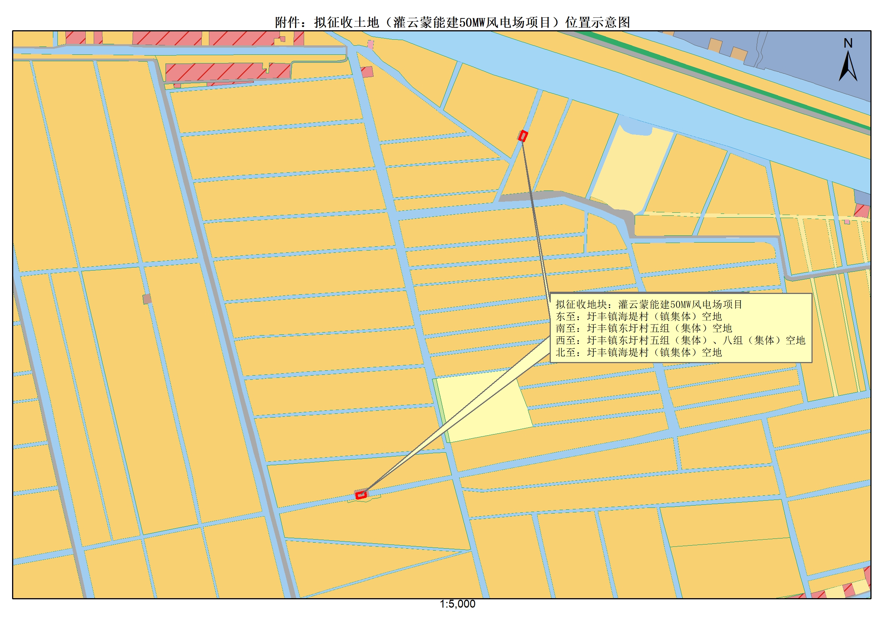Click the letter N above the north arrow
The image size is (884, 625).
pyautogui.click(x=848, y=43)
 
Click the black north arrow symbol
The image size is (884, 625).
pyautogui.click(x=848, y=67)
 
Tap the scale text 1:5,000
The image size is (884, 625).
pyautogui.click(x=457, y=604)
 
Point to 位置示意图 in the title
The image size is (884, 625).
pyautogui.click(x=597, y=23)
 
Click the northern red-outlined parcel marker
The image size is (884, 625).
pyautogui.click(x=522, y=136)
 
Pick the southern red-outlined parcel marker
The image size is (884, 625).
pyautogui.click(x=361, y=495)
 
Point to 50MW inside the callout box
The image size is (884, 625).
pyautogui.click(x=680, y=305)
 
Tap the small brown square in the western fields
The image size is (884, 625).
pyautogui.click(x=147, y=299)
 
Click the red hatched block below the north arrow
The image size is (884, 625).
pyautogui.click(x=862, y=210)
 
